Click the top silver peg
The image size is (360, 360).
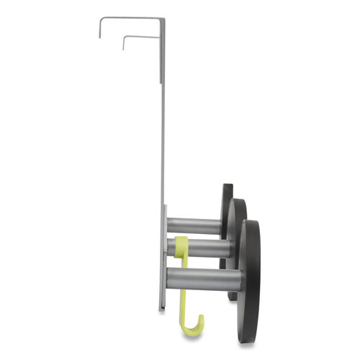(194, 225)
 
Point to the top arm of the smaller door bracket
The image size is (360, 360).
(140, 37)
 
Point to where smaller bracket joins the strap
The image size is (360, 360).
(157, 37)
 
